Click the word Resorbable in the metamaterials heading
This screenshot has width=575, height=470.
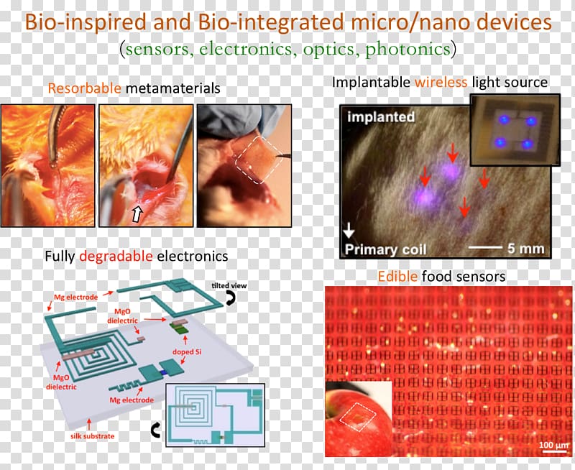click(84, 88)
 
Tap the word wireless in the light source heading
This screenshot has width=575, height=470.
click(441, 82)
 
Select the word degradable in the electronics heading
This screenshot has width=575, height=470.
click(116, 257)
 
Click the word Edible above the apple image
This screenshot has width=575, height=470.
click(397, 276)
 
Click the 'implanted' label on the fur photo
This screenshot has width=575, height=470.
click(381, 117)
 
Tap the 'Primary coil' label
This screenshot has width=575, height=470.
click(385, 249)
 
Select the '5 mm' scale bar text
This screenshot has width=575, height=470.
click(525, 249)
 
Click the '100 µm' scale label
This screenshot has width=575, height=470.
click(553, 445)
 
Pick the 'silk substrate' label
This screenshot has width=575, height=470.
click(93, 436)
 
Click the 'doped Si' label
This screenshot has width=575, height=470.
click(187, 352)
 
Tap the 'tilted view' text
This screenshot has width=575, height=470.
click(229, 285)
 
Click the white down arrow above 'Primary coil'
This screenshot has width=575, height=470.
click(349, 230)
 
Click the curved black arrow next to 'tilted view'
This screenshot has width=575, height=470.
click(230, 298)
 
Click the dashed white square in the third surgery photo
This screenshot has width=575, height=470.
click(259, 160)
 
